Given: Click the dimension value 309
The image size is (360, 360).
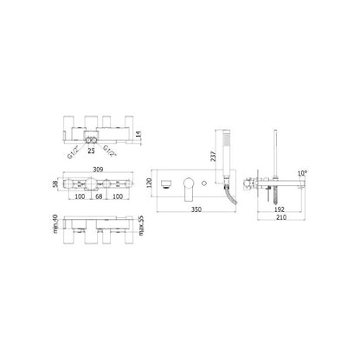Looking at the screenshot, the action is [x=99, y=170].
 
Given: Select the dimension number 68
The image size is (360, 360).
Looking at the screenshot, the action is [x=99, y=196].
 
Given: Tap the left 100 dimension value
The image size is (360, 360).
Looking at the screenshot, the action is [x=80, y=196].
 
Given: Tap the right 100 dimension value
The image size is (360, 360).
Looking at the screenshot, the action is [x=118, y=196].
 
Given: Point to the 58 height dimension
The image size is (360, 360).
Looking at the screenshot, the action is [x=55, y=184].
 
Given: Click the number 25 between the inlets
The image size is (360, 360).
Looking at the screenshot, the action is [x=91, y=151].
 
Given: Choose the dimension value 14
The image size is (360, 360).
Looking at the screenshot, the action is [x=138, y=134].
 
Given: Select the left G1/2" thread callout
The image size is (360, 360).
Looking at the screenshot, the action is [x=74, y=152].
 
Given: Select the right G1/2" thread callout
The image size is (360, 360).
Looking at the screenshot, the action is [x=110, y=151].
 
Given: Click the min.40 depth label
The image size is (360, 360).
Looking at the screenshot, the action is [x=55, y=223].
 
